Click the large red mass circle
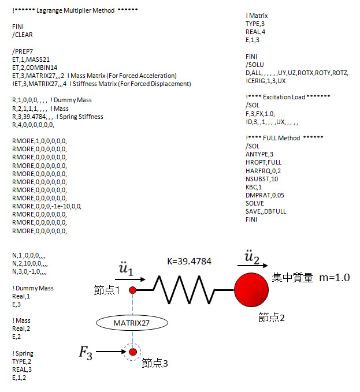(251, 290)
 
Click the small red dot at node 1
(132, 290)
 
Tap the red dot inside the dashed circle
(133, 352)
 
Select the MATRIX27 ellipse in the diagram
(132, 323)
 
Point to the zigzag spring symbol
(184, 290)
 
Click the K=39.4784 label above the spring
(189, 262)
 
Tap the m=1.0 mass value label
(334, 278)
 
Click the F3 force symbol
(86, 353)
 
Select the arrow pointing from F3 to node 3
(111, 352)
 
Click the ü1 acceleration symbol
(126, 269)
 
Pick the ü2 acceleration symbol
(252, 257)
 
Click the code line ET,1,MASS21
(31, 59)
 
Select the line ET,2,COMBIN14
(35, 68)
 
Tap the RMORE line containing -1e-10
(47, 206)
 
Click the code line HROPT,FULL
(263, 162)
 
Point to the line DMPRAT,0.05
(265, 195)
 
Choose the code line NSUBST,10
(262, 179)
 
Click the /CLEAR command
(23, 35)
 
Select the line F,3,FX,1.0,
(260, 114)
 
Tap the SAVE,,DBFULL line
(266, 211)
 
